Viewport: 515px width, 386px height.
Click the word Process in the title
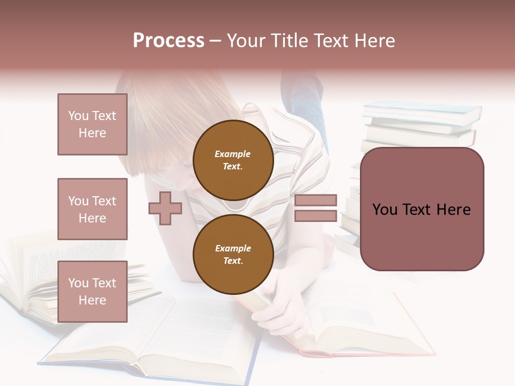coord(168,41)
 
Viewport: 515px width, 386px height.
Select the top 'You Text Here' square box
coord(92,124)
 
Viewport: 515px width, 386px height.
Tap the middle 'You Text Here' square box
coord(92,209)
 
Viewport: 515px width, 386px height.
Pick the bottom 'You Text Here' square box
coord(92,292)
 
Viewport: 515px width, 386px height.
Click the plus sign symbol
coord(165,208)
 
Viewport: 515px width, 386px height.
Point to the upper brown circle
coord(233,160)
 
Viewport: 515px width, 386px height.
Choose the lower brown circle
coord(233,255)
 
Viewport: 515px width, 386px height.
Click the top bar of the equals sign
coord(315,201)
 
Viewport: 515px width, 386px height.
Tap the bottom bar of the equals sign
coord(315,216)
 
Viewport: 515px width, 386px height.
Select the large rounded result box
coord(422,209)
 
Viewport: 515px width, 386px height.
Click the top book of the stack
coord(422,112)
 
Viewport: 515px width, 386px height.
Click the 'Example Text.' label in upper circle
coord(233,160)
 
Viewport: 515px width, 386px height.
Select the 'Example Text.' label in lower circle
coord(233,255)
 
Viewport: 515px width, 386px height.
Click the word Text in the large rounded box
coord(422,210)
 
